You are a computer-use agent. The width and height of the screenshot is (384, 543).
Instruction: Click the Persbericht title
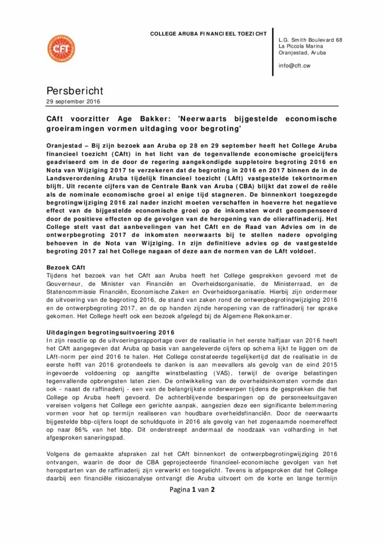coord(74,91)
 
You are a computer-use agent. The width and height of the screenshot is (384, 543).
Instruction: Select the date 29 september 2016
coord(73,101)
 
